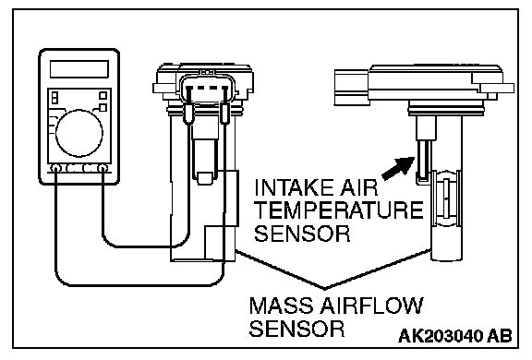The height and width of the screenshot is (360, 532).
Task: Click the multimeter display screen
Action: coord(79,69)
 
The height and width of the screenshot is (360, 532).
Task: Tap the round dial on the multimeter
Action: coord(79,133)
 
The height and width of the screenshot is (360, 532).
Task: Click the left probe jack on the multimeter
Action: coord(55,168)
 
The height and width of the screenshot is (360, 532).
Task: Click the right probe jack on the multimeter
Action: coord(103,168)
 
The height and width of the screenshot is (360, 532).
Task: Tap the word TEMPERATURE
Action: coord(339,210)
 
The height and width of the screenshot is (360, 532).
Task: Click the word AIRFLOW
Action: coord(372,306)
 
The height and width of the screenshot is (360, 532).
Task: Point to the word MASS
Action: coord(282,306)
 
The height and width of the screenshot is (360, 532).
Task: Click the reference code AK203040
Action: coord(441,336)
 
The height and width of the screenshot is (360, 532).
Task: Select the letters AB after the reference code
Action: coord(500,336)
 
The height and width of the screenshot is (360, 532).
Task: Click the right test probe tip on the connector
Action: coord(224,114)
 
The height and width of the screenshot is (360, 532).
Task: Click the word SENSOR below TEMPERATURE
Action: coord(302,234)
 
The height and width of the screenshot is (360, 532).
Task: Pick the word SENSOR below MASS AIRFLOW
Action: coord(296,328)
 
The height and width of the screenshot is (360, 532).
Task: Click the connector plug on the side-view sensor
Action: coord(352,88)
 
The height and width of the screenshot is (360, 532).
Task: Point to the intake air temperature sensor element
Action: coord(425,160)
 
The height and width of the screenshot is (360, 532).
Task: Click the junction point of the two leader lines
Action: coord(325,289)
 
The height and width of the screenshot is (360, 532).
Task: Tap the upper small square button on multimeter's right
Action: coord(103,96)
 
